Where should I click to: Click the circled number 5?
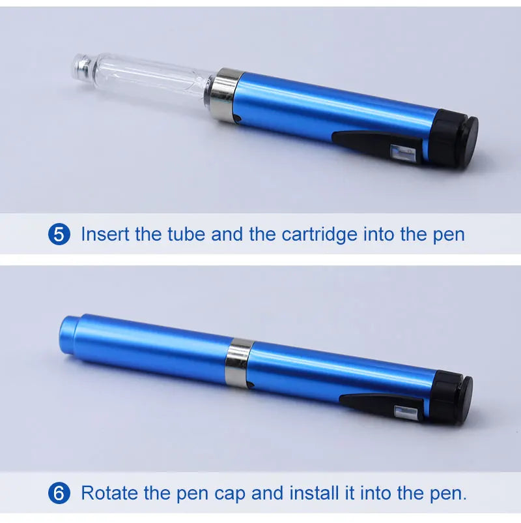[59, 234]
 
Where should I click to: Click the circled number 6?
[59, 493]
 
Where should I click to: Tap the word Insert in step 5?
[105, 234]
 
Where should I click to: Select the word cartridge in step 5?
[319, 235]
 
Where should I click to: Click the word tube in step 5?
[186, 234]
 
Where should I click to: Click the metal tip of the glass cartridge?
[81, 67]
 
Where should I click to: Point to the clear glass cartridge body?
[150, 80]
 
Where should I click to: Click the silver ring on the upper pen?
[225, 95]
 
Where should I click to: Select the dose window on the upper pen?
[402, 152]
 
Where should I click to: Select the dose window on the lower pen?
[406, 413]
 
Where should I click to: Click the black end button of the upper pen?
[468, 141]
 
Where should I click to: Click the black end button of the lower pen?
[464, 400]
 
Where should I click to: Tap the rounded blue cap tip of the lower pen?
[68, 335]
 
